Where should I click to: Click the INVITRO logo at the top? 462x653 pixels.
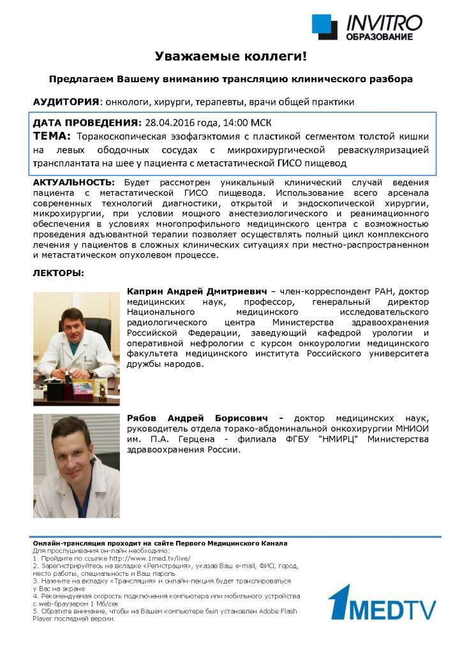coord(368,27)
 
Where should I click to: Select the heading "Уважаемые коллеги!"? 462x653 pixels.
coord(230,57)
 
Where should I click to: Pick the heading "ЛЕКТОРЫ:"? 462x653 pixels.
coord(58,273)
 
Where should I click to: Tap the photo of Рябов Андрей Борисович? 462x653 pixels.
coord(76,466)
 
